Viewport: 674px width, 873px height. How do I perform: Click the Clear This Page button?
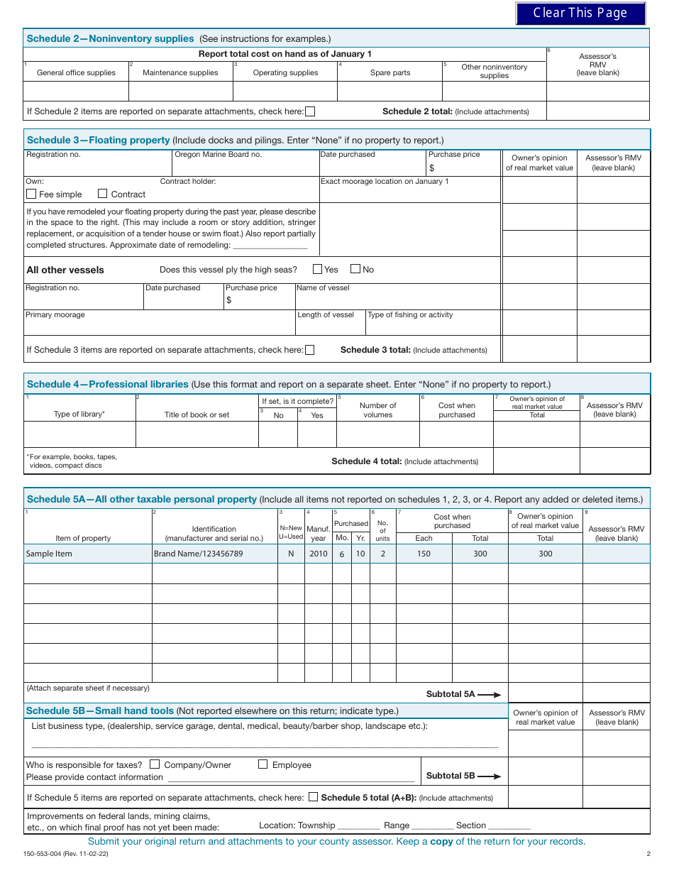coord(580,13)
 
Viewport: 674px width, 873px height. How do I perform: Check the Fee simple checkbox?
coord(31,194)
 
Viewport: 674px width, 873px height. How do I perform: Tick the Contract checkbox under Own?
coord(102,194)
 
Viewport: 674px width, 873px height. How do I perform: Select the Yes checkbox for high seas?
coord(317,269)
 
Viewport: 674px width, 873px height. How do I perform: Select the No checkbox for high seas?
coord(355,269)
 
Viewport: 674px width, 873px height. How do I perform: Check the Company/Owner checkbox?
coord(155,764)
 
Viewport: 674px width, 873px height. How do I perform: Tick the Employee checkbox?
coord(263,764)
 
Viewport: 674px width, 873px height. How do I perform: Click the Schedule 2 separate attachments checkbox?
coord(310,111)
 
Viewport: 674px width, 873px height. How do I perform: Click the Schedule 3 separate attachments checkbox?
coord(309,349)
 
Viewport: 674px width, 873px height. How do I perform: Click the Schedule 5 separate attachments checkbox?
coord(313,797)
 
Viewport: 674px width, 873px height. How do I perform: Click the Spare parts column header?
coord(390,72)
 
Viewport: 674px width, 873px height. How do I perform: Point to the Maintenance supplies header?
coord(180,72)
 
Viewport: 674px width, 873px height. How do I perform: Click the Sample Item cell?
coord(49,554)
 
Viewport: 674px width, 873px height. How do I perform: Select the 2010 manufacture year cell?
coord(319,554)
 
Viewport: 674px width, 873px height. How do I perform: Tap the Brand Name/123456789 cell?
coord(198,554)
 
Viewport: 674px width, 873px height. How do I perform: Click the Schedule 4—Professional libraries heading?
coord(108,384)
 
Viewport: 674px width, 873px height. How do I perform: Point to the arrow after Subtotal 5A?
coord(490,695)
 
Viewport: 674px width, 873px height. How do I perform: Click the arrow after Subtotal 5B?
coord(490,776)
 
